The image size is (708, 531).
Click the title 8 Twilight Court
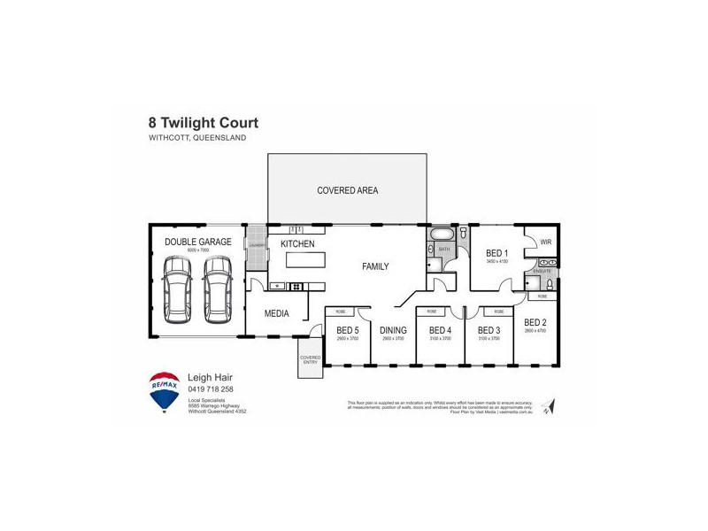(x=204, y=123)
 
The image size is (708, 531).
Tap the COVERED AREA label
(x=348, y=190)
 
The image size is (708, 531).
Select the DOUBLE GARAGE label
(x=198, y=242)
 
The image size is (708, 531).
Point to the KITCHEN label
(x=297, y=243)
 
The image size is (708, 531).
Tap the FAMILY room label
(x=374, y=266)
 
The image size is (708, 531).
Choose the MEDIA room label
(x=277, y=313)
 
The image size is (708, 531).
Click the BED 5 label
(x=347, y=331)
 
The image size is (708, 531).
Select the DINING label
(x=392, y=331)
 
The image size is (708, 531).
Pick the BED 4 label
(x=440, y=331)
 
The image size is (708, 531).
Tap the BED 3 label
(x=489, y=331)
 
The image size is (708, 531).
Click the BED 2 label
(x=535, y=322)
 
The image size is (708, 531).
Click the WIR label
(x=545, y=241)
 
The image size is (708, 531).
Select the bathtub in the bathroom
(x=441, y=235)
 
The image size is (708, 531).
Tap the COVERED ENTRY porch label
(x=311, y=359)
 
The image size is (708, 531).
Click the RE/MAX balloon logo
(x=165, y=392)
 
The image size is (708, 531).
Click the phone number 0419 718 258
(x=211, y=389)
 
